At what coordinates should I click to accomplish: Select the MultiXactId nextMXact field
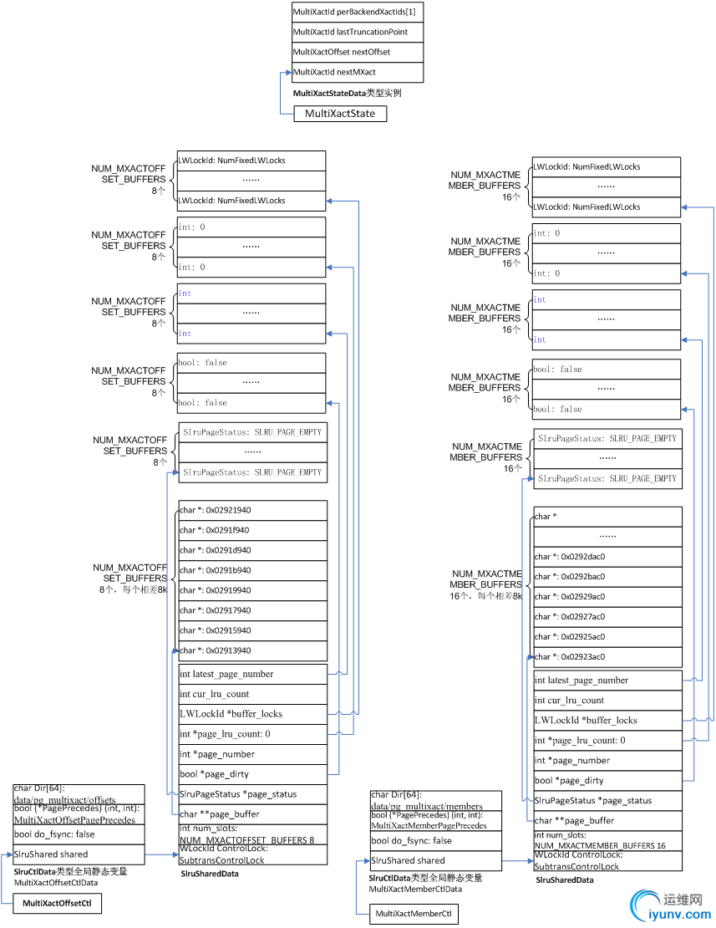357,73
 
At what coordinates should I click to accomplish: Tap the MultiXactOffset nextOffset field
357,52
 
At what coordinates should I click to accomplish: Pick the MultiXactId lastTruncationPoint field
357,32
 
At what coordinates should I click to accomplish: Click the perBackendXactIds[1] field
357,12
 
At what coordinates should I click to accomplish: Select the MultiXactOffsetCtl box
57,903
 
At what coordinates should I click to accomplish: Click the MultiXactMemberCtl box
414,914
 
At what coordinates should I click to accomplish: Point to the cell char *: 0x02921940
251,510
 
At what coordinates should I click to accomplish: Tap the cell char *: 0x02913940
251,650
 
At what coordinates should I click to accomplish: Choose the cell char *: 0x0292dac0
607,557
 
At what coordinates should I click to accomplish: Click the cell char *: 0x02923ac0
607,657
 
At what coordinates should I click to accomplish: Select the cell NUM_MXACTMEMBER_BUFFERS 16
607,841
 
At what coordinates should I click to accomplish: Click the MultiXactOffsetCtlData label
56,882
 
